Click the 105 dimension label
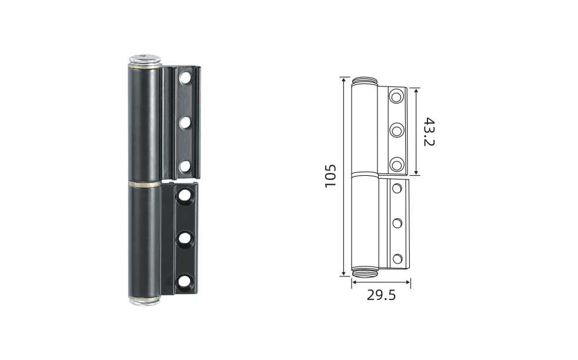(x=330, y=176)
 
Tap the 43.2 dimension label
(x=429, y=132)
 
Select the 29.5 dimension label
(x=381, y=295)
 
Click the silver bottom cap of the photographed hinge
(x=145, y=301)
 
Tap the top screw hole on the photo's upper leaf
(x=185, y=78)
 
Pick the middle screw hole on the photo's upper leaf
(x=185, y=122)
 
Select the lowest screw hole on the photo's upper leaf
(x=185, y=166)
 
